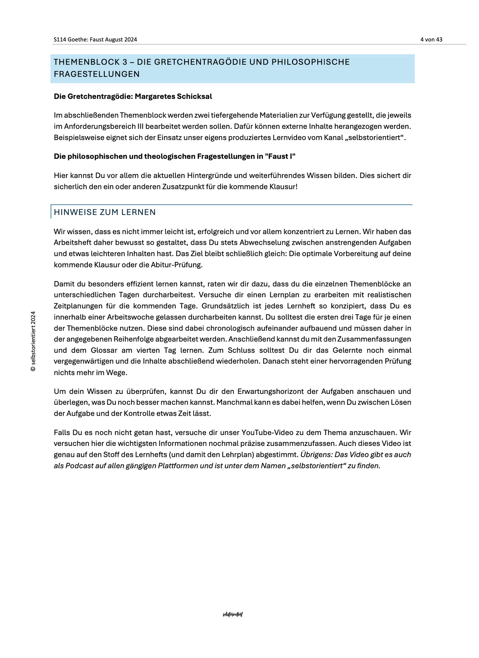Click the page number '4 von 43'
tap(431, 40)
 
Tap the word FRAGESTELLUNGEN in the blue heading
tap(97, 74)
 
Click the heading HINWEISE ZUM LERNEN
tap(105, 212)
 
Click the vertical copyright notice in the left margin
tap(33, 341)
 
